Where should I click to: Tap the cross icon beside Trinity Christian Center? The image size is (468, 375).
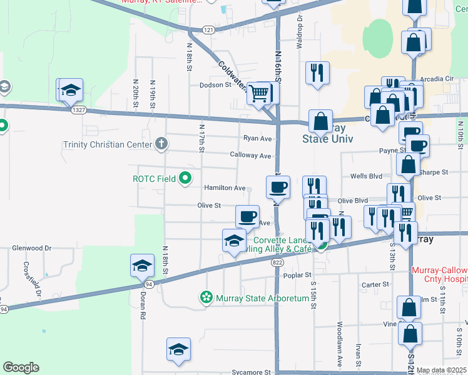tap(161, 144)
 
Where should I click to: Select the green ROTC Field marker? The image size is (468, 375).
tap(185, 179)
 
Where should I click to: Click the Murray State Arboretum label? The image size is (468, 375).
tap(263, 298)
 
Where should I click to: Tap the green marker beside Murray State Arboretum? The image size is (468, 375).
tap(206, 298)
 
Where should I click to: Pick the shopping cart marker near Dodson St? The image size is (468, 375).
tap(258, 94)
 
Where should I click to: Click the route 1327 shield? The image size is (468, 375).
tap(78, 110)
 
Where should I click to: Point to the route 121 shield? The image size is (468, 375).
tap(209, 29)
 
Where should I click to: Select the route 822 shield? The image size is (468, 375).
tap(277, 263)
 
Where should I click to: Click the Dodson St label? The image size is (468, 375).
tap(216, 85)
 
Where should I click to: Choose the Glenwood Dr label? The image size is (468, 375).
tap(31, 248)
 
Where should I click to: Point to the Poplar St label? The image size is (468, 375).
tap(298, 274)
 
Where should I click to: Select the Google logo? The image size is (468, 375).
tap(21, 367)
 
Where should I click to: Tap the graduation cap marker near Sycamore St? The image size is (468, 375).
tap(178, 349)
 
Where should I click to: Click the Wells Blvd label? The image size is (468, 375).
tap(366, 177)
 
